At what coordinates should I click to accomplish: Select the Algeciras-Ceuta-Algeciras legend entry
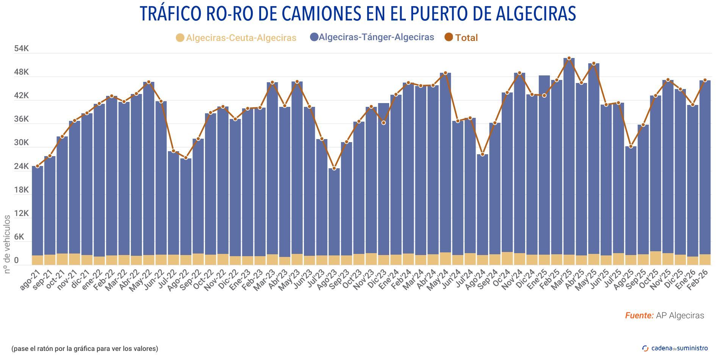236,38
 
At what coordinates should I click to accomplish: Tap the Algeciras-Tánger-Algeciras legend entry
372,37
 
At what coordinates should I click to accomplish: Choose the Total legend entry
461,38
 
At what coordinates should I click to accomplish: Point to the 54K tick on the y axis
21,49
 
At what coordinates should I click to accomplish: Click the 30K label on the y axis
21,143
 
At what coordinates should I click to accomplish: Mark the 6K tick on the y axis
21,237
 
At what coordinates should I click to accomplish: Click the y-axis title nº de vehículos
7,244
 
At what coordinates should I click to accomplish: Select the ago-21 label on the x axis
30,280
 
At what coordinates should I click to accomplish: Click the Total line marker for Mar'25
569,58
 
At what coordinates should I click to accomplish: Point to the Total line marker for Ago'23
334,168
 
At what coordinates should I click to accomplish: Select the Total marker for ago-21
38,166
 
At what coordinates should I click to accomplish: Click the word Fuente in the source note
639,316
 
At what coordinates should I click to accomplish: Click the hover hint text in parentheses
85,349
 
